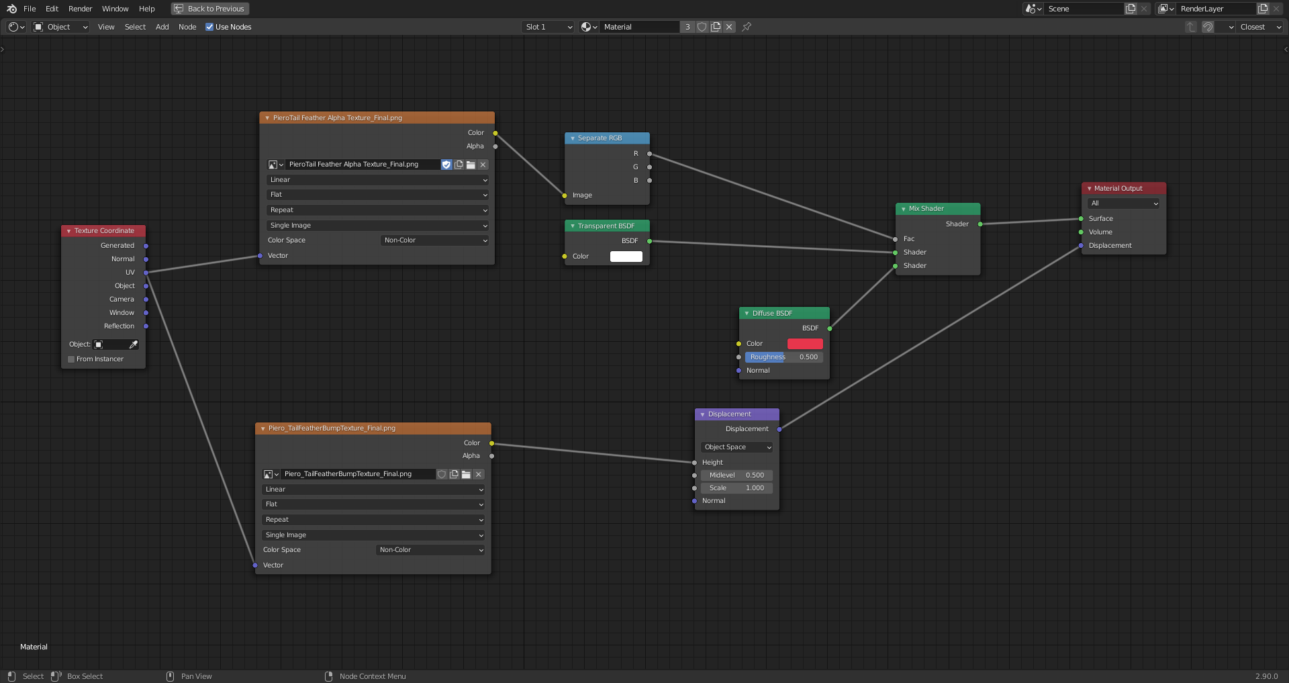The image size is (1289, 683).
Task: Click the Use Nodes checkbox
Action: tap(209, 27)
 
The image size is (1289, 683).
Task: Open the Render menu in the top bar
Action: tap(80, 9)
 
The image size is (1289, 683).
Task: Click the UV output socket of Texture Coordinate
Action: tap(146, 273)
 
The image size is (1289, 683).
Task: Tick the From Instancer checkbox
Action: tap(71, 359)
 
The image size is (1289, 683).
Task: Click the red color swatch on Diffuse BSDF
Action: tap(805, 344)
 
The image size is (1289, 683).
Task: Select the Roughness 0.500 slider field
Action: tap(784, 357)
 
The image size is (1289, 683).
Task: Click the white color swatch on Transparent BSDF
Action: tap(626, 257)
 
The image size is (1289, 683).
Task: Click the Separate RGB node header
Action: tap(607, 138)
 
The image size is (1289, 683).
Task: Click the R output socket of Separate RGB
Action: tap(649, 154)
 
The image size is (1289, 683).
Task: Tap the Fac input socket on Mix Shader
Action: tap(896, 239)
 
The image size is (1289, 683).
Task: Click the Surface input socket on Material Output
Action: tap(1081, 219)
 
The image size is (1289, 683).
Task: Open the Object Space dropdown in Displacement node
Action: tap(737, 447)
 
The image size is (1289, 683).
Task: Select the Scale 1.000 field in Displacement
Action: tap(737, 488)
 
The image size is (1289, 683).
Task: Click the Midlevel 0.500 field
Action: tap(737, 475)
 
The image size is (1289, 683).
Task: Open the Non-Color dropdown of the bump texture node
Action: tap(430, 550)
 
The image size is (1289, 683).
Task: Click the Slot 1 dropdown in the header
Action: tap(548, 27)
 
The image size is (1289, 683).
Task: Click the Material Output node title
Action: tap(1118, 189)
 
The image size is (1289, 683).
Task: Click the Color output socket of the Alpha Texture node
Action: tap(495, 133)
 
